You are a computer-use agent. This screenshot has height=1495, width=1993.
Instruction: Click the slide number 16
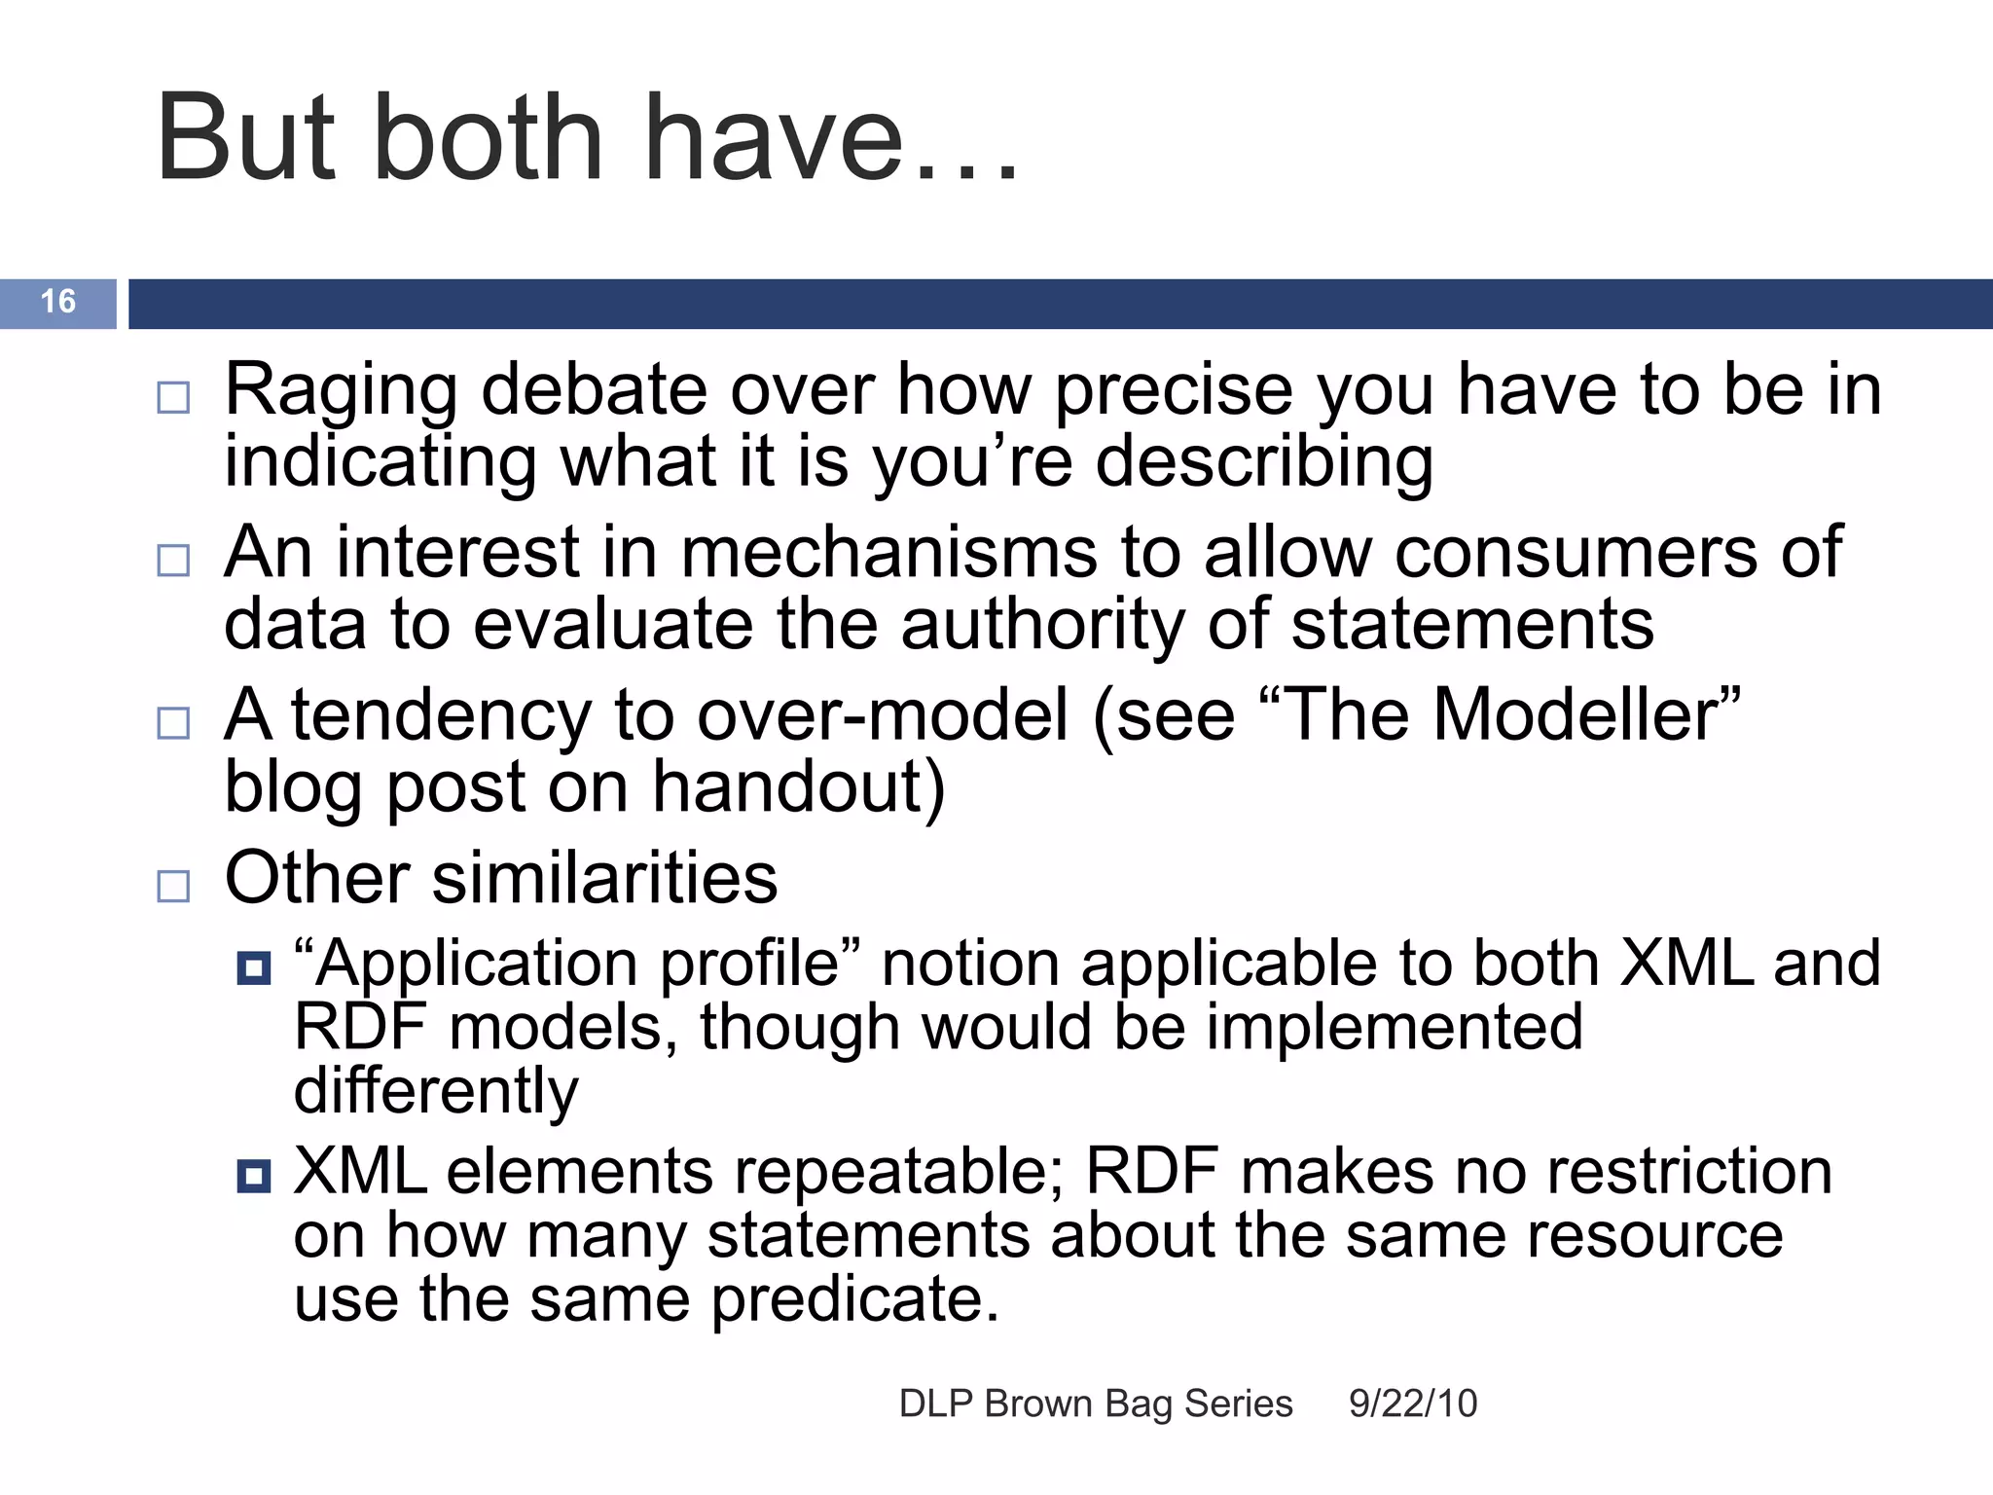tap(58, 302)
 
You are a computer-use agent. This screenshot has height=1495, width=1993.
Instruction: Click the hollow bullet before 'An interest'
tap(173, 561)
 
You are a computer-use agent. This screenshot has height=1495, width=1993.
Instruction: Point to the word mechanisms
tap(888, 553)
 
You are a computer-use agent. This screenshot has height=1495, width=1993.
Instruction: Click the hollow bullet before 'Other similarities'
tap(173, 887)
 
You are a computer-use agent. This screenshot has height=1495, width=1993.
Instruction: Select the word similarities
tap(604, 878)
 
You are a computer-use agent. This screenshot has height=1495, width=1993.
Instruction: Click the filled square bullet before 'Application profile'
tap(254, 968)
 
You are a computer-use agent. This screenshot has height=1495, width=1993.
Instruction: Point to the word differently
tap(436, 1091)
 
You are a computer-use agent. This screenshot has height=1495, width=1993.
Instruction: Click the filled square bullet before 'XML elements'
tap(254, 1177)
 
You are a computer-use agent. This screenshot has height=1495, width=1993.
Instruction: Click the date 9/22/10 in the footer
tap(1412, 1404)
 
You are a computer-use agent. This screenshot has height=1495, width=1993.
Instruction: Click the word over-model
tap(884, 715)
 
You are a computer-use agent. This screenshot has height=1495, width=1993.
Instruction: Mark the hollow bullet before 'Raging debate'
tap(173, 398)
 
